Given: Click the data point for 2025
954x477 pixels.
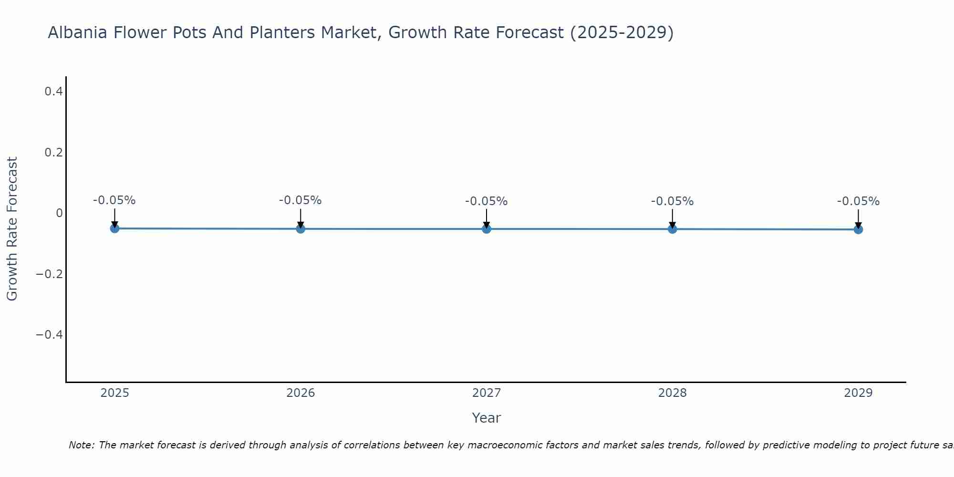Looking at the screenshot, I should [114, 228].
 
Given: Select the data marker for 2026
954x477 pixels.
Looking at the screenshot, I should [301, 229].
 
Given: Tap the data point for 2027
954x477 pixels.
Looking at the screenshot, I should [487, 229].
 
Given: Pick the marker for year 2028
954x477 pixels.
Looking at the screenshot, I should [672, 229].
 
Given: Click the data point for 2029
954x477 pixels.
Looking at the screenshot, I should [858, 229].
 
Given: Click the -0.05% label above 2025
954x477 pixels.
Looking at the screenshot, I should [114, 200].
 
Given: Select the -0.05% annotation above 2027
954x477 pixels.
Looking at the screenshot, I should [487, 201].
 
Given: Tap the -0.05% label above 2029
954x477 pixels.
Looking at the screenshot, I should [858, 201].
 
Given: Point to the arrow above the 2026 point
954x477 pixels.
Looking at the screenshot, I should [301, 218].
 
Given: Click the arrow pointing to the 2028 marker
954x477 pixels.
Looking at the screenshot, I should [672, 218].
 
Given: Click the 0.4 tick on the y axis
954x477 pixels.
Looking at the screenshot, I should [54, 91].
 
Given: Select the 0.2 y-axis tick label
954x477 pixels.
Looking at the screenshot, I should [54, 152].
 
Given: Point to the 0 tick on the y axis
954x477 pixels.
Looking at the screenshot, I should [59, 213].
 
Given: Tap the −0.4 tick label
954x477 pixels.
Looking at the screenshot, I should [50, 335].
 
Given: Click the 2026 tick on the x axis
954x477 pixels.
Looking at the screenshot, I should [301, 393].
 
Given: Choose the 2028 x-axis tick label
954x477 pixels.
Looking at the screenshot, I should [672, 393].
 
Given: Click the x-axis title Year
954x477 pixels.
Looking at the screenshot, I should [486, 418].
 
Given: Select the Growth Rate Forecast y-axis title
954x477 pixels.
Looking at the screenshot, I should [12, 229].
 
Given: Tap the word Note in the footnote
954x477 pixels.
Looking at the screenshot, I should [81, 445].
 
